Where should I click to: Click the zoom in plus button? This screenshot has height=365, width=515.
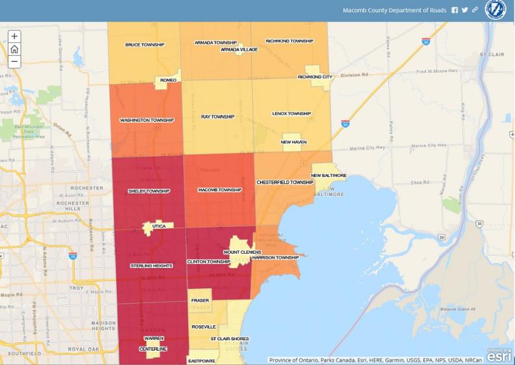14,36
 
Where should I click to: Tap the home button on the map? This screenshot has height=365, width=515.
14,49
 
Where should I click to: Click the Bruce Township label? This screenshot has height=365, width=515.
144,45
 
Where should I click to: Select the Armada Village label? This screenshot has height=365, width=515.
239,49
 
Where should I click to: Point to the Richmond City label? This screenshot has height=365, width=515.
315,77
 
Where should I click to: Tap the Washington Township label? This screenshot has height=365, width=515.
147,120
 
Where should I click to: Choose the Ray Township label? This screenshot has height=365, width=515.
217,116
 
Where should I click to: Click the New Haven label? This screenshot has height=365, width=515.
294,142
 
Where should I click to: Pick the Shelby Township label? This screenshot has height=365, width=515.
149,191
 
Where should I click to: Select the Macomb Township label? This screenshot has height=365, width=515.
220,190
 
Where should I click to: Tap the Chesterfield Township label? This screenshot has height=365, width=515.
285,182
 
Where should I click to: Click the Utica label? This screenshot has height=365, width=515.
159,226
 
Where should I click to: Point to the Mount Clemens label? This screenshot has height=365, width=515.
243,252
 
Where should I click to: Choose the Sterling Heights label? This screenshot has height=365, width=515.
151,266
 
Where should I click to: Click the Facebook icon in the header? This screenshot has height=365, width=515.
455,10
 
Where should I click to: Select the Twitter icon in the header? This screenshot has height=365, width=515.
465,10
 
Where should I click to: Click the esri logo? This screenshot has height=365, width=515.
499,355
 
